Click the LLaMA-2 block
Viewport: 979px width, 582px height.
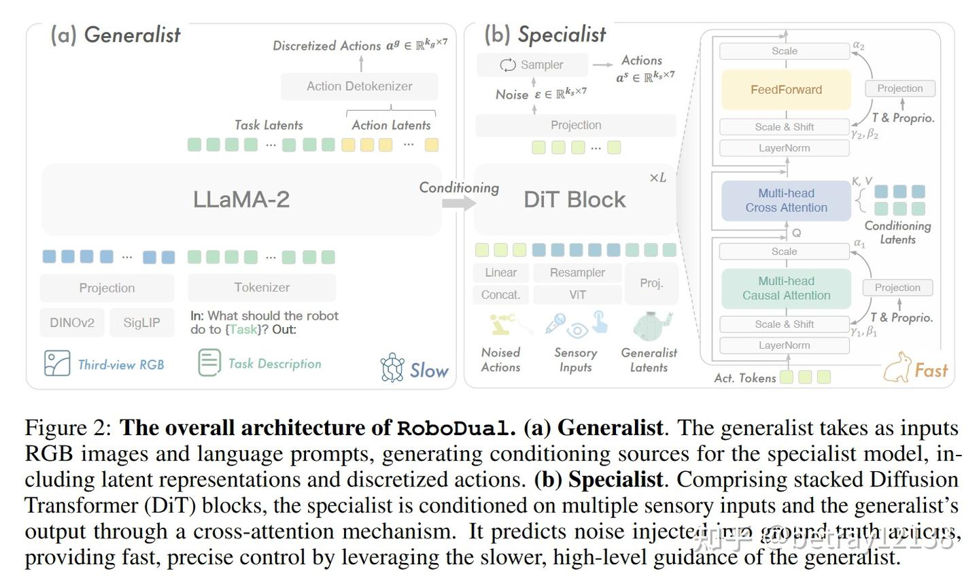point(241,199)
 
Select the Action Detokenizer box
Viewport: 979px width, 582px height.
point(359,86)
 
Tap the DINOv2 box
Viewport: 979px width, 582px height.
point(72,322)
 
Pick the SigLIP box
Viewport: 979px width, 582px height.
point(141,322)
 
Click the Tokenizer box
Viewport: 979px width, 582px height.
point(262,288)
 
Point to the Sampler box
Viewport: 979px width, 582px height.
point(532,65)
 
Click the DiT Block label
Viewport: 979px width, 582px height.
point(574,199)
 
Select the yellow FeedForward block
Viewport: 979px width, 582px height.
point(786,90)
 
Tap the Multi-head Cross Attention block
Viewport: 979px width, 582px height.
point(786,201)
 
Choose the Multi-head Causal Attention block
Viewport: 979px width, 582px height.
point(786,288)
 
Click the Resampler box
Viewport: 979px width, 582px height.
point(577,273)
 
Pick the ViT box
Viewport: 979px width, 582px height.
point(577,294)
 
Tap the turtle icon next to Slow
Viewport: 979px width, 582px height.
point(392,368)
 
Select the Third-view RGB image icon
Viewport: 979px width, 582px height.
point(57,363)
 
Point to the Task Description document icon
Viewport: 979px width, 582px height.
point(209,362)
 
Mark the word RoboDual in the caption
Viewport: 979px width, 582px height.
point(454,428)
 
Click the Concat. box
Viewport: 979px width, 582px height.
point(500,294)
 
